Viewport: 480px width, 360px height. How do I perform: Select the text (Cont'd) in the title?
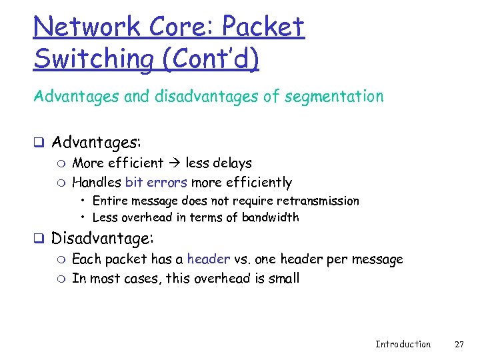[209, 59]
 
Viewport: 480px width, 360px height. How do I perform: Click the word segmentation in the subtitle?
[334, 97]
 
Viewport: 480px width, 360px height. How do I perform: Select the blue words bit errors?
[156, 182]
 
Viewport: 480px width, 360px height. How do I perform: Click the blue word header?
[209, 259]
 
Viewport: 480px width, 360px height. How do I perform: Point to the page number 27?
[459, 344]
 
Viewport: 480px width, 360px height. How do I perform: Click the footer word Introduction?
[403, 344]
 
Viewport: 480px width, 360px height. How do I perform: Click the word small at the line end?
[285, 278]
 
